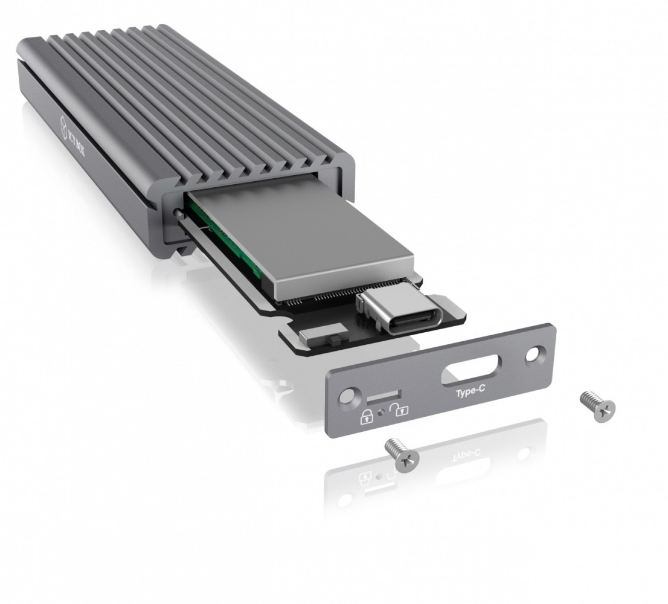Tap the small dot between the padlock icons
point(381,414)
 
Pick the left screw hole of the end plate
point(347,396)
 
